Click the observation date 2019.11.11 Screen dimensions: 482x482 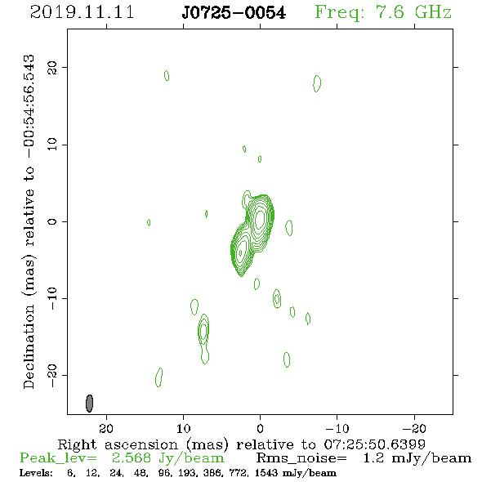82,12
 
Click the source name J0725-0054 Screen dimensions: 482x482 234,13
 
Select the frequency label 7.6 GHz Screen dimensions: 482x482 413,12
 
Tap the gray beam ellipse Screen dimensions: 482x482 89,404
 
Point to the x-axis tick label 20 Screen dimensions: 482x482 106,428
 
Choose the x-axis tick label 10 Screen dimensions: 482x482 184,428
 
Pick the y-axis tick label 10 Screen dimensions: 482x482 52,145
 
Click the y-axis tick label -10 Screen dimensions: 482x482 52,298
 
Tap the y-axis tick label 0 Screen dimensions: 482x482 52,221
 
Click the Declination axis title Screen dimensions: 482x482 29,221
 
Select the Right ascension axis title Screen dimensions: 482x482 242,444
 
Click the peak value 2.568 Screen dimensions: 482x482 132,458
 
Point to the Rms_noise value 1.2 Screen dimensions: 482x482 373,458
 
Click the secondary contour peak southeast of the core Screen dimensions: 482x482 241,252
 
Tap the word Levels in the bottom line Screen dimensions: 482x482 36,472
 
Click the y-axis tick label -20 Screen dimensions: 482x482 52,375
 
